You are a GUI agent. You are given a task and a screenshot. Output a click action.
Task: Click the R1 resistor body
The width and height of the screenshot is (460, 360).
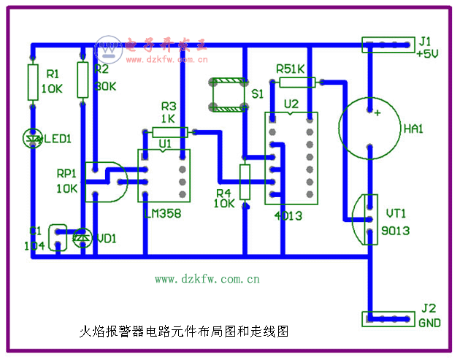coord(32,83)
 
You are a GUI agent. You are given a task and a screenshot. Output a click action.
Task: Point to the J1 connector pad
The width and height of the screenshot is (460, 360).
coord(387,45)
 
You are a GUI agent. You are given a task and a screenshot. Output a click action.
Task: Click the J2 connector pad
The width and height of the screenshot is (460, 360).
coord(387,319)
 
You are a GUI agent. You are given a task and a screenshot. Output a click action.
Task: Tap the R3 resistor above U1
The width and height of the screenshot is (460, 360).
coord(170,132)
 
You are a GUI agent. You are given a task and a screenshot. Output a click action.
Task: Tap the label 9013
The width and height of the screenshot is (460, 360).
coord(395,231)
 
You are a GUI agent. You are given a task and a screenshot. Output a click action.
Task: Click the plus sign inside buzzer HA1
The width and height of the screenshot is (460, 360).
coord(377,113)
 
